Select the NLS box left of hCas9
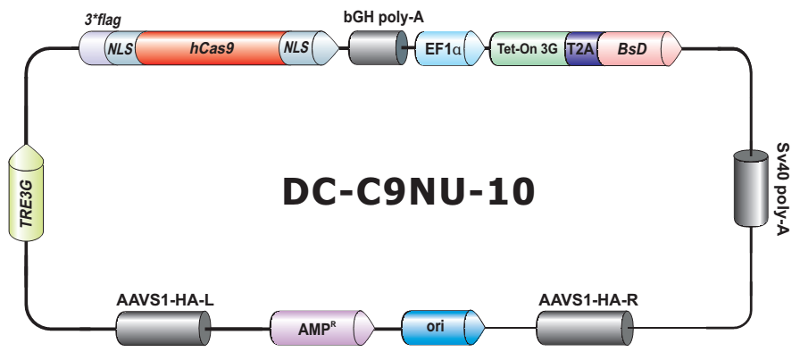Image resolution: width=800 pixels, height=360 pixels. pyautogui.click(x=120, y=47)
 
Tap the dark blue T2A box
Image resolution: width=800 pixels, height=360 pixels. pyautogui.click(x=580, y=47)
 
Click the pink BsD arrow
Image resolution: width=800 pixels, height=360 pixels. pyautogui.click(x=634, y=47)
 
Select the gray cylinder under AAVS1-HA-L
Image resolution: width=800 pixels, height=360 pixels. pyautogui.click(x=163, y=330)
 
